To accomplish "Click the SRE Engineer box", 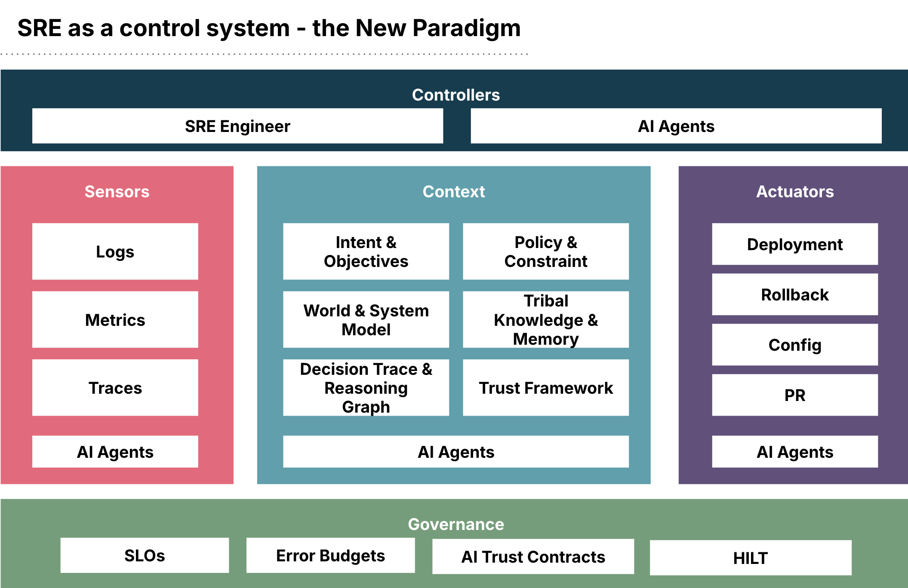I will (237, 126).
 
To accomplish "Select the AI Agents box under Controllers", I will (676, 126).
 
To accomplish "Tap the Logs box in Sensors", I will (115, 251).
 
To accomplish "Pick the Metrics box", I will (115, 319).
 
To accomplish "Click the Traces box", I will (115, 388).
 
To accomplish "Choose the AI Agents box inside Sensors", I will (115, 452).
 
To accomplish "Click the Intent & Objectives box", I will (366, 251).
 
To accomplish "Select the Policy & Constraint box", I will (545, 251).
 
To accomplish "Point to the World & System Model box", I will (366, 319).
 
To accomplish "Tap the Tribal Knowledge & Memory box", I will (545, 319).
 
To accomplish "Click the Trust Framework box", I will (545, 388).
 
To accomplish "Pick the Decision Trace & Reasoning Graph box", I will (366, 388).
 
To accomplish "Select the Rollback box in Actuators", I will (794, 294).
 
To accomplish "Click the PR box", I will (794, 395).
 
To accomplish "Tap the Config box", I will (794, 345).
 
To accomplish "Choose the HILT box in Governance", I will (750, 558).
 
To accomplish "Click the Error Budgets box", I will (330, 555).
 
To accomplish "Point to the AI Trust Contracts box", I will (533, 557).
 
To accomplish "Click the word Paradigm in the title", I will (466, 28).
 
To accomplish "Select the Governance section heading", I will (456, 524).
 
